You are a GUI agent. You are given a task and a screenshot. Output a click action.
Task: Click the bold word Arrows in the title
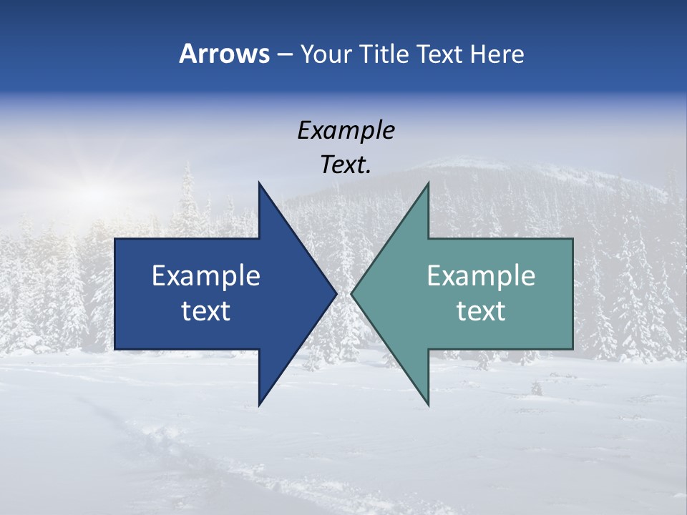click(223, 54)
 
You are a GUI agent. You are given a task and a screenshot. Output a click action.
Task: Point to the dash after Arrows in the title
click(283, 54)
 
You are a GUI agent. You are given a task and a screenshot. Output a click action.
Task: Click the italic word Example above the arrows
click(346, 131)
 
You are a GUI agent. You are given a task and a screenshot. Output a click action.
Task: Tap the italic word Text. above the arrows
click(346, 165)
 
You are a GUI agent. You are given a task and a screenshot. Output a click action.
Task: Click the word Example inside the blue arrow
click(206, 276)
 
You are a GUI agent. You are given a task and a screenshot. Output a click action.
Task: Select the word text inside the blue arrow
click(206, 311)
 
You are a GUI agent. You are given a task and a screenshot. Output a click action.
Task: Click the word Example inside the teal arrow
click(481, 276)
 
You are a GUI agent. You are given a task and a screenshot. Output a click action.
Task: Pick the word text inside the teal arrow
click(481, 311)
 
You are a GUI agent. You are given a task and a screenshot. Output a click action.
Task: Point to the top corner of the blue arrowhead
click(259, 184)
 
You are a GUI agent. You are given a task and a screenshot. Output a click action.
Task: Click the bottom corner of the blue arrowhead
click(259, 404)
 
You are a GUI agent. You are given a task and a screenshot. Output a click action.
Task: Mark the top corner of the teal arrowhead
click(428, 184)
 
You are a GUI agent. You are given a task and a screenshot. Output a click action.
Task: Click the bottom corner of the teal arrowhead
click(428, 404)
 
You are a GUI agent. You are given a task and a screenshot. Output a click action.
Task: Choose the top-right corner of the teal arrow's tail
click(572, 240)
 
